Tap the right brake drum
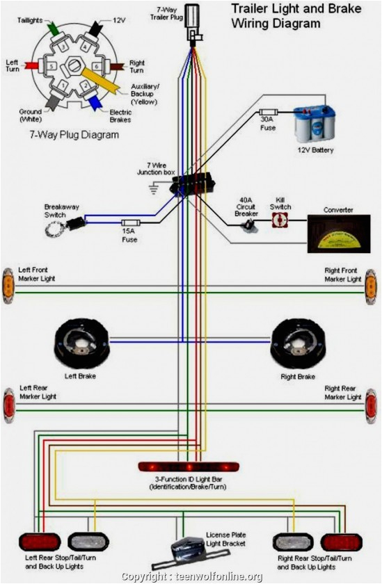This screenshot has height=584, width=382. (298, 343)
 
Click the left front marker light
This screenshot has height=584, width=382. (8, 284)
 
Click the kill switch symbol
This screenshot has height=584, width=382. (280, 220)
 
